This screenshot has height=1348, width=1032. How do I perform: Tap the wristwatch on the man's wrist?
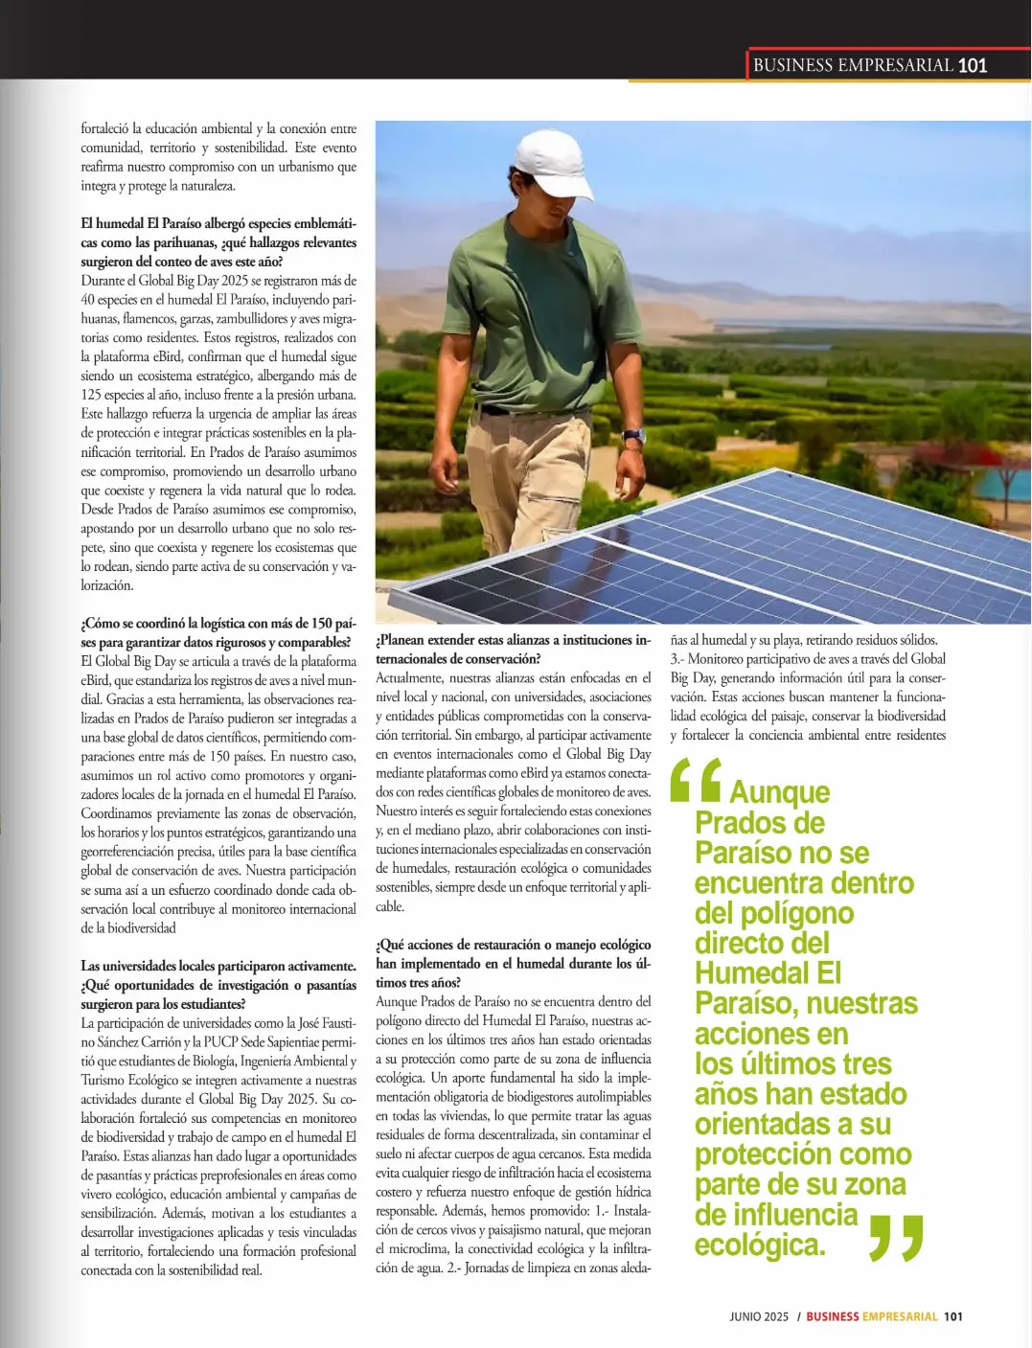tap(633, 437)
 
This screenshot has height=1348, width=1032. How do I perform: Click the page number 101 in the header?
tap(972, 65)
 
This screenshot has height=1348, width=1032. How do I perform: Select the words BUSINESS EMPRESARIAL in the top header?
tap(853, 65)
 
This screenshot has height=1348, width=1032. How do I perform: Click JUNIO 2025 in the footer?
tap(759, 1316)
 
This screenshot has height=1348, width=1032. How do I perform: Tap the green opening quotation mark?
tap(696, 780)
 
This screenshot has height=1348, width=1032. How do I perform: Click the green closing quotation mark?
tap(896, 1237)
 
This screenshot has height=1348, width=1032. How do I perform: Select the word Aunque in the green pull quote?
tap(779, 792)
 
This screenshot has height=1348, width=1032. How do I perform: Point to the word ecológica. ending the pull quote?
tap(760, 1245)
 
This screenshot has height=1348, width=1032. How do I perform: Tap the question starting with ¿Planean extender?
tap(513, 649)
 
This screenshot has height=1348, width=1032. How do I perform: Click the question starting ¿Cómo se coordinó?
tap(218, 632)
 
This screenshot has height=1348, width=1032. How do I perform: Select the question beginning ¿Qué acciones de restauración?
tap(513, 963)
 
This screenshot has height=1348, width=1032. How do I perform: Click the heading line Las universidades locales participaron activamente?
tap(218, 966)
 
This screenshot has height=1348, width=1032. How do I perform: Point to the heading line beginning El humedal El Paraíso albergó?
tap(218, 223)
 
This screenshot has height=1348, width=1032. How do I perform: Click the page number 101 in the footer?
tap(952, 1316)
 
